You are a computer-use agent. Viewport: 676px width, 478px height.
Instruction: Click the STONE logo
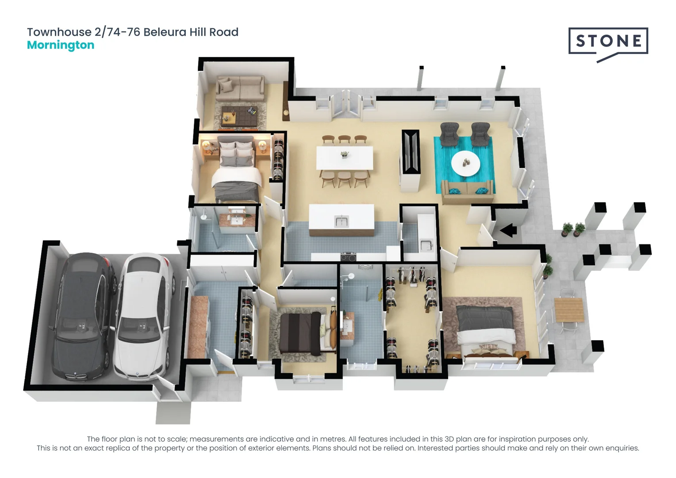click(608, 42)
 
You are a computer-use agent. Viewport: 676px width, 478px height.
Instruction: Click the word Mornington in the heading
click(61, 45)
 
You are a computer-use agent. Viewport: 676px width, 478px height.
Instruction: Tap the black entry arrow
click(508, 230)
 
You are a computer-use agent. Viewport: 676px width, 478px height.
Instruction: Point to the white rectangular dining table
click(345, 158)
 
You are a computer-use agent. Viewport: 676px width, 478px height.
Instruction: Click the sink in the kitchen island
click(342, 221)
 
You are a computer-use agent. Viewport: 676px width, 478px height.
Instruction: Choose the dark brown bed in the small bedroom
click(301, 333)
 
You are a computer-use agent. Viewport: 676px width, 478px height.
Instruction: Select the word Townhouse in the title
click(59, 32)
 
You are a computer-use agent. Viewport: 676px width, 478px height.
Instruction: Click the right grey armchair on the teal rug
click(480, 134)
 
